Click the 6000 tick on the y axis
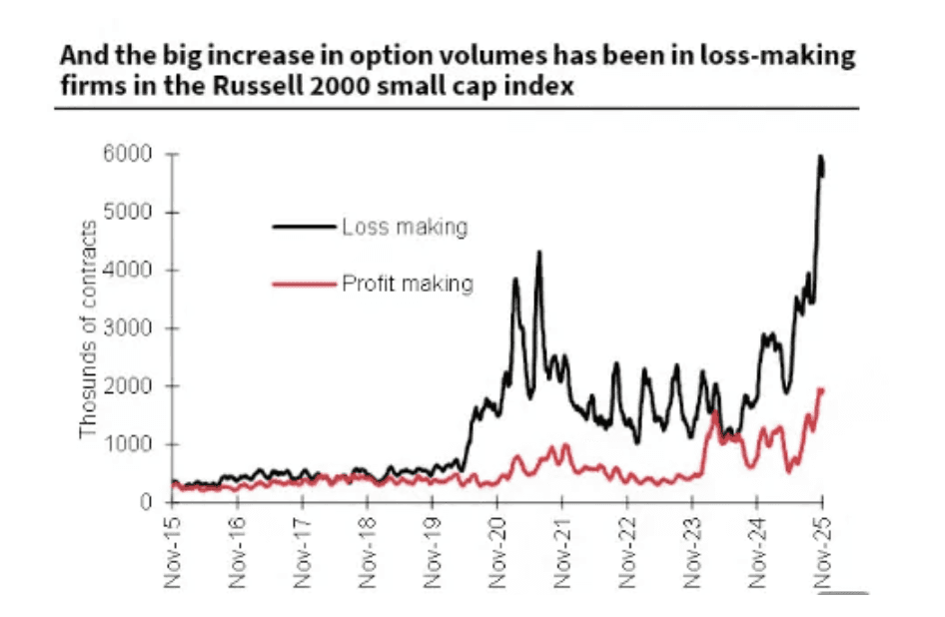pyautogui.click(x=132, y=155)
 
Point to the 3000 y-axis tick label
pyautogui.click(x=132, y=328)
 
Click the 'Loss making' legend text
pyautogui.click(x=404, y=227)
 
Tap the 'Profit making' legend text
pyautogui.click(x=407, y=285)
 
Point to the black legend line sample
pyautogui.click(x=303, y=227)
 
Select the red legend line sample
pyautogui.click(x=303, y=285)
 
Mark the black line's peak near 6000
pyautogui.click(x=820, y=157)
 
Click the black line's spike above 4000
pyautogui.click(x=539, y=253)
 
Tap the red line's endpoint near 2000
pyautogui.click(x=822, y=390)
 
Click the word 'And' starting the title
pyautogui.click(x=79, y=55)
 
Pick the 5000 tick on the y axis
pyautogui.click(x=132, y=213)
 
